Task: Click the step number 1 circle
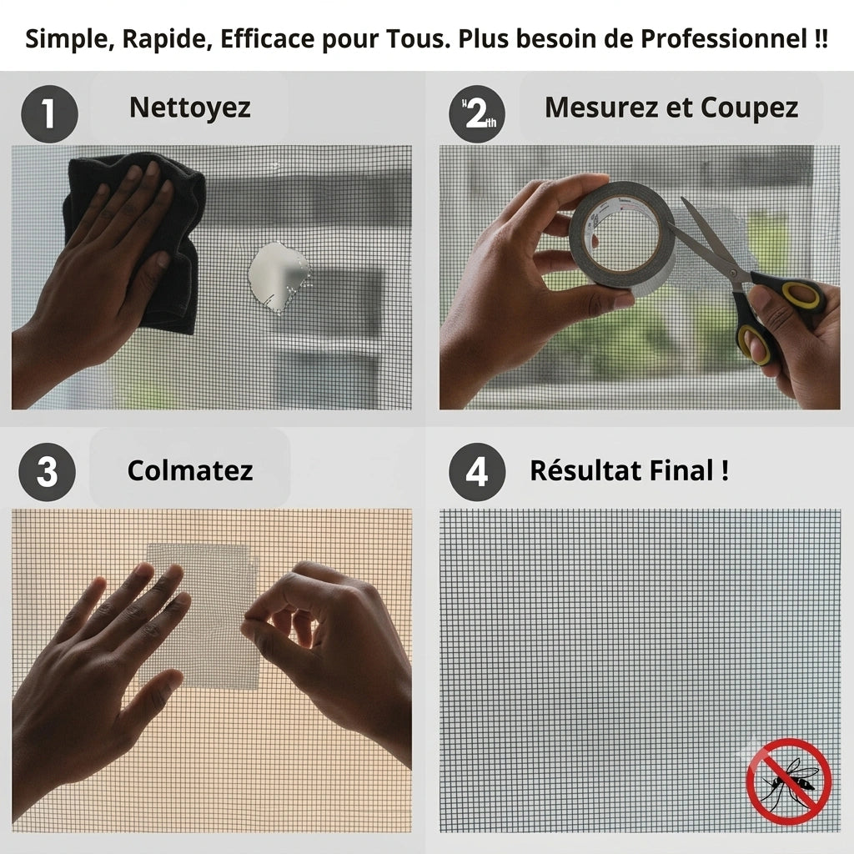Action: coord(49,113)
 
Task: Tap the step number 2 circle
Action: coord(477,113)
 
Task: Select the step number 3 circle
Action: coord(48,472)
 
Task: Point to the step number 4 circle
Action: coord(477,472)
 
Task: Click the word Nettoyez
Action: coord(190,108)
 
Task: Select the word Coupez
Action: coord(750,108)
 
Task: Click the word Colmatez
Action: coord(190,470)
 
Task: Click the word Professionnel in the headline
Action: coord(724,38)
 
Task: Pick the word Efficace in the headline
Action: coord(268,38)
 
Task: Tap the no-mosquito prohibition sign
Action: coord(788,781)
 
